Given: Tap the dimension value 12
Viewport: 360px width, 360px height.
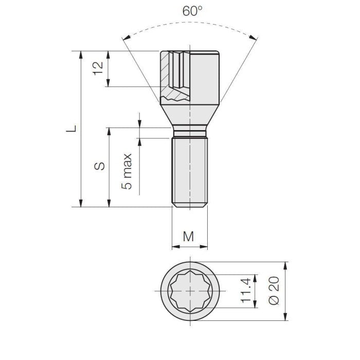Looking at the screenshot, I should click(x=99, y=68).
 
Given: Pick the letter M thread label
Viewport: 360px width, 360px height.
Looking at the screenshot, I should click(x=189, y=237).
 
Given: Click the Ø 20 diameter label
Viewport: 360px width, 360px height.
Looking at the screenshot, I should click(x=274, y=291).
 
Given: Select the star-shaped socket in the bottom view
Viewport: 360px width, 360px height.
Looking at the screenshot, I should click(x=190, y=291).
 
